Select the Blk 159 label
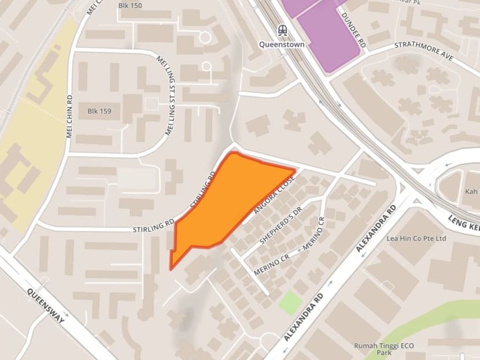pyautogui.click(x=99, y=111)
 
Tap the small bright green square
pyautogui.click(x=290, y=303)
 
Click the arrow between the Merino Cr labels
pyautogui.click(x=300, y=251)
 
